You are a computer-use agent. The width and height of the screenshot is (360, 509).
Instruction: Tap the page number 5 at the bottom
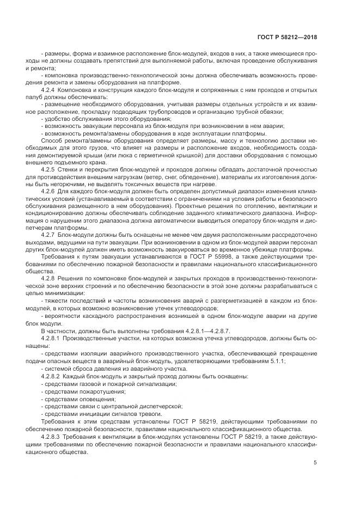coord(315,463)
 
